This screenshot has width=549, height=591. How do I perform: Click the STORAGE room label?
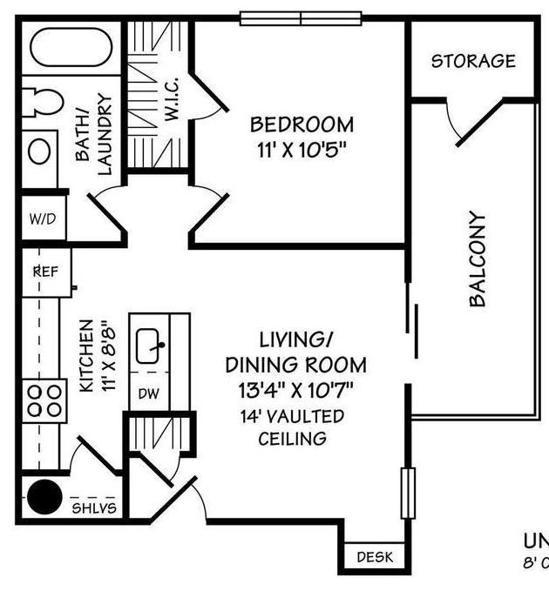[473, 61]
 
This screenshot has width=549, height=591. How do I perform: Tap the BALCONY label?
[478, 259]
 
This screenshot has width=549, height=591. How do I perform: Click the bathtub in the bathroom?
[71, 48]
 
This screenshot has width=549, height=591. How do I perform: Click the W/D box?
[42, 218]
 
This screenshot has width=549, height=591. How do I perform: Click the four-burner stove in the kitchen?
[45, 400]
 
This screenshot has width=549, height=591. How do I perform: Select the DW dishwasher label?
[148, 394]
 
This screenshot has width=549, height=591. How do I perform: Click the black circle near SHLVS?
[44, 499]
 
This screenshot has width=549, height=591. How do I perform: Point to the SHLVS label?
[93, 507]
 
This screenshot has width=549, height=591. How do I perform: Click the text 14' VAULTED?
[293, 416]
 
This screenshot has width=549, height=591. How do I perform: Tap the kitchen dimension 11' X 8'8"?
[96, 356]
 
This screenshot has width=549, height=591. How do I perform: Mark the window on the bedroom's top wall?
[301, 18]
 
